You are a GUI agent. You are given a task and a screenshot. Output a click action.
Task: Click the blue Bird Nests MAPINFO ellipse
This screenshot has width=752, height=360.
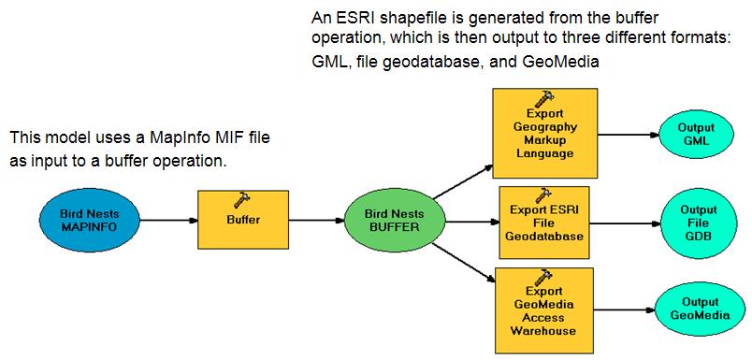89,220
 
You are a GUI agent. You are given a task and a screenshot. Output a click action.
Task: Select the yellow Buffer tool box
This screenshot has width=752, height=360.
243,220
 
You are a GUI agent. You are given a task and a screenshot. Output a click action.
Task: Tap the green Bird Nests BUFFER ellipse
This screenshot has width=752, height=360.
395,221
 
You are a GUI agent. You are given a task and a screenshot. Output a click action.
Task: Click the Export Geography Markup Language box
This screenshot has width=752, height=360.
544,134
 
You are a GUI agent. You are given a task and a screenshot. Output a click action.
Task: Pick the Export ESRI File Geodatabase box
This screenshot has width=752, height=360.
544,223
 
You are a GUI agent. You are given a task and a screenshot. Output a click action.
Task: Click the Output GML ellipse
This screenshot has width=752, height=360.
697,135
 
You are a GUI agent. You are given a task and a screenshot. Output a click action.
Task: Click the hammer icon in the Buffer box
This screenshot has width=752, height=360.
239,199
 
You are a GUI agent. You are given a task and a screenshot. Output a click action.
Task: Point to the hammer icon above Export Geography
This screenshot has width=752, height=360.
544,100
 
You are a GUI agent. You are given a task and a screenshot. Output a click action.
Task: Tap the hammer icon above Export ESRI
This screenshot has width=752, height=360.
544,195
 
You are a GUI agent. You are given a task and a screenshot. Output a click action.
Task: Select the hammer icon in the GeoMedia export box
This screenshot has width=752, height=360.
543,276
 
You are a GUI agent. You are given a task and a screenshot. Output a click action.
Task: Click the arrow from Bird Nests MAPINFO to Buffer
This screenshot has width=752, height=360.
168,221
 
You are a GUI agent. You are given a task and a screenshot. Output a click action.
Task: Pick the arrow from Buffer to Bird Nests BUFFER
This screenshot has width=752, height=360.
316,221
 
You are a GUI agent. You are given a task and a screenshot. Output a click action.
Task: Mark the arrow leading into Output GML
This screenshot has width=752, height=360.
629,135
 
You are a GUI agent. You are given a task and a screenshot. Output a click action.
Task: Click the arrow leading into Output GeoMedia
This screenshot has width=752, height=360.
625,310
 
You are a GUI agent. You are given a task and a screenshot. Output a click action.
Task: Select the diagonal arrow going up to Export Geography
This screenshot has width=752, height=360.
463,182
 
